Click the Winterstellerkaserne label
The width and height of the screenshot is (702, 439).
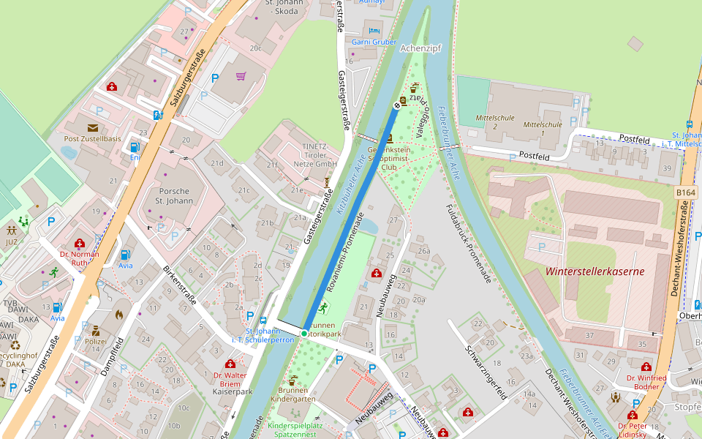pos(595,271)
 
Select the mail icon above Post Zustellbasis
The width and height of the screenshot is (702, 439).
pos(93,127)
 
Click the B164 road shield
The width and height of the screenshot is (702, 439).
pos(686,192)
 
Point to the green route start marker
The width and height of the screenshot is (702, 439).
pos(304,334)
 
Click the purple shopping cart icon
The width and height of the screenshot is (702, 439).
pos(241,76)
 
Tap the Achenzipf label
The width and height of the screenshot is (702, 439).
pos(422,48)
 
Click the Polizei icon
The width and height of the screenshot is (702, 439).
pos(95,331)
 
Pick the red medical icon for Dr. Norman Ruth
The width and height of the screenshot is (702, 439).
pos(80,244)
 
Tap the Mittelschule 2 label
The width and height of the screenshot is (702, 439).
pos(495,121)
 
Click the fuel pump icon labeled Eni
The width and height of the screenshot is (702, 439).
pos(135,146)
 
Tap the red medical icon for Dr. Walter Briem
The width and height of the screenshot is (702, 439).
pos(230,364)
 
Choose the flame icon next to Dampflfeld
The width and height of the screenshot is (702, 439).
pos(119,315)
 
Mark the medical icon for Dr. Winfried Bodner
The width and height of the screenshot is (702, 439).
pos(646,367)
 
